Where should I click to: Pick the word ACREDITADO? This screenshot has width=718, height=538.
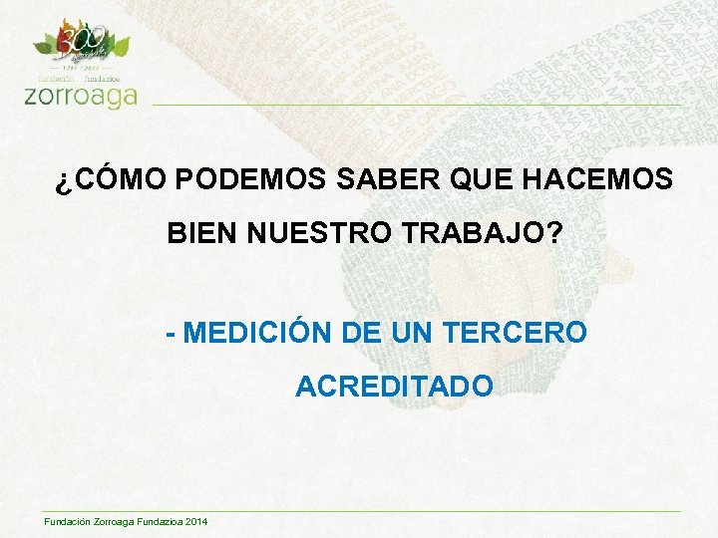click(x=394, y=386)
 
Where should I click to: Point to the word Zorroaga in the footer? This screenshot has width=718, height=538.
click(x=104, y=523)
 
